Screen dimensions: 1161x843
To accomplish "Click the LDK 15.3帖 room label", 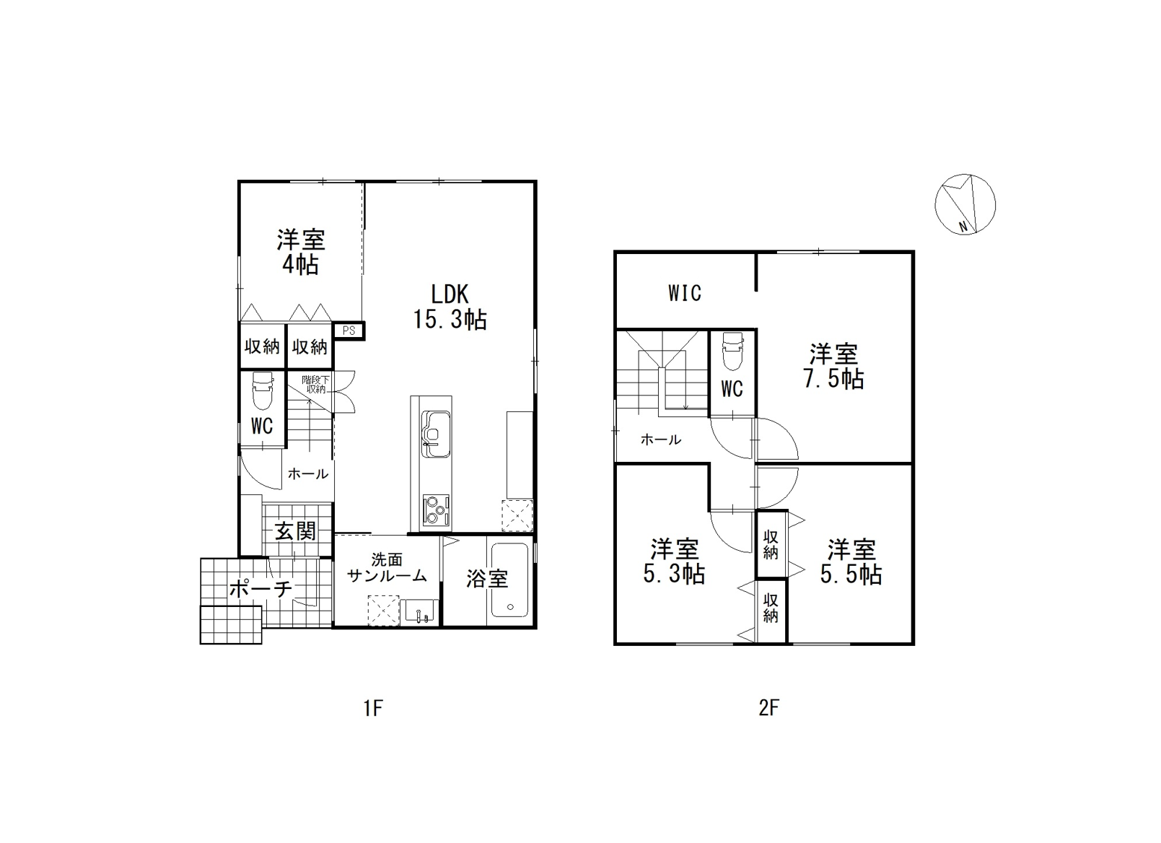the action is pyautogui.click(x=450, y=307).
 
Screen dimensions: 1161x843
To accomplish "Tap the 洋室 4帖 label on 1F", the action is pyautogui.click(x=301, y=252).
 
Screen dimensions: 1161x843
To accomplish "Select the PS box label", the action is pyautogui.click(x=349, y=331).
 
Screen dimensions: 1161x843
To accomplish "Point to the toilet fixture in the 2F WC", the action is pyautogui.click(x=732, y=351).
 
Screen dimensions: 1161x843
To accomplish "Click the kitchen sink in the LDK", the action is pyautogui.click(x=436, y=434).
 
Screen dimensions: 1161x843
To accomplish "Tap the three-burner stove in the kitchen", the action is pyautogui.click(x=436, y=509).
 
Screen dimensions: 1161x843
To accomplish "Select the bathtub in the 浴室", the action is pyautogui.click(x=509, y=580).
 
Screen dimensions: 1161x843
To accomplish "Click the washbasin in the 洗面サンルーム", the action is pyautogui.click(x=419, y=612).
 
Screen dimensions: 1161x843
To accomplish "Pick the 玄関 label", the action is pyautogui.click(x=294, y=531).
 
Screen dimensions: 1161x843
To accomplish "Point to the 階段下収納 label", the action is pyautogui.click(x=315, y=384).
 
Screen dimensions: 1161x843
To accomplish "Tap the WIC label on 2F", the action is pyautogui.click(x=685, y=294).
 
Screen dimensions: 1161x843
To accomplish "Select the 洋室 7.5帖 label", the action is pyautogui.click(x=833, y=367).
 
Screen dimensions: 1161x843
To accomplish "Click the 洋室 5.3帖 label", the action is pyautogui.click(x=674, y=562).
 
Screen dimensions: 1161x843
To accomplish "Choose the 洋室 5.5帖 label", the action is pyautogui.click(x=851, y=562).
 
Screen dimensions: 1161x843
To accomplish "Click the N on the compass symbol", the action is pyautogui.click(x=963, y=227).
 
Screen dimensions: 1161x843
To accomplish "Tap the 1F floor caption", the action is pyautogui.click(x=373, y=707).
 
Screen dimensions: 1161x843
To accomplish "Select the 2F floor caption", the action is pyautogui.click(x=768, y=707).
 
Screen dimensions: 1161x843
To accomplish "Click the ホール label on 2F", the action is pyautogui.click(x=661, y=440).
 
